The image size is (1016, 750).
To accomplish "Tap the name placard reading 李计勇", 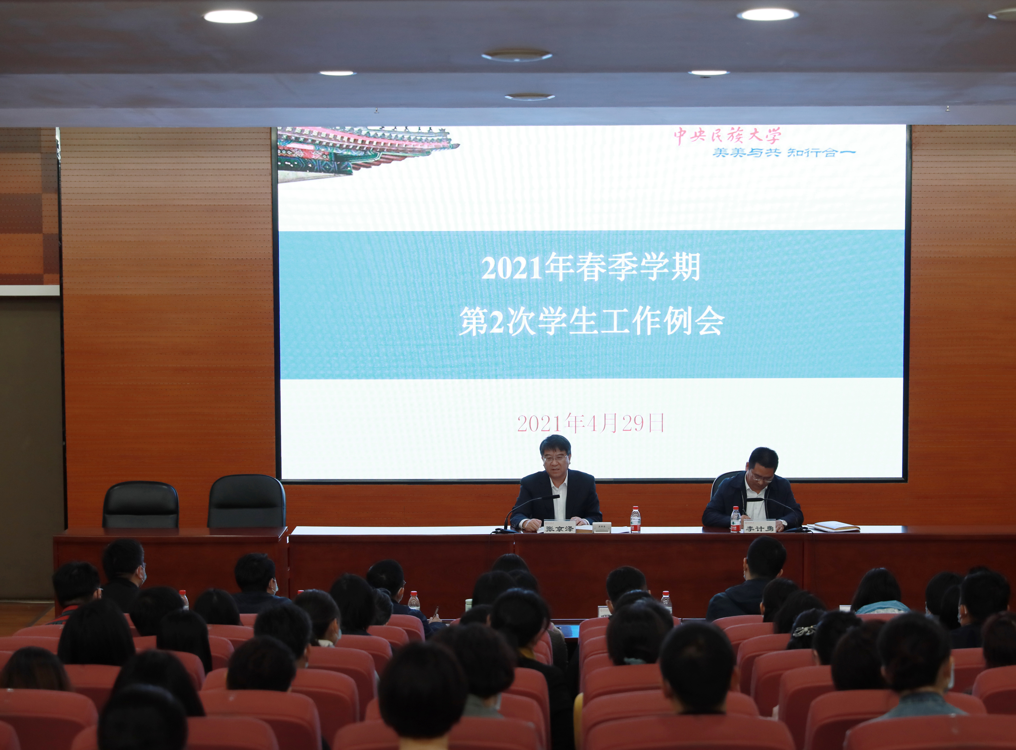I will click(759, 528).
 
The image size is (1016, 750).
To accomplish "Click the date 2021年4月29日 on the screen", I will click(591, 423).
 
